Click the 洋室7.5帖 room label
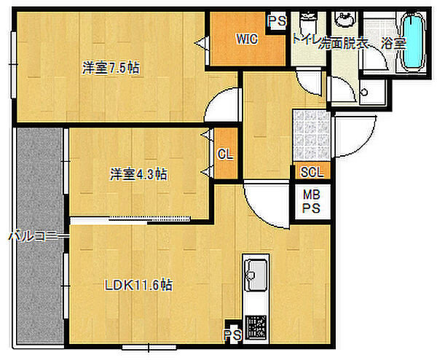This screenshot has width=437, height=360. point(111,68)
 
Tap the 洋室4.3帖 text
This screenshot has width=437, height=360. point(139,174)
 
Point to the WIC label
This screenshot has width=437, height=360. point(246,40)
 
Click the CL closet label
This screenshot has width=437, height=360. point(225,154)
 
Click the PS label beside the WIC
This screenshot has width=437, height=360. point(277,22)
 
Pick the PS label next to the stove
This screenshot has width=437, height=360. point(232,335)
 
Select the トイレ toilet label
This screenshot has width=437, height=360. point(304,41)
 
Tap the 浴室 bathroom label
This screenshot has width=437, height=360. point(394,43)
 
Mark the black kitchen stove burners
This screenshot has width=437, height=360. point(256,326)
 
